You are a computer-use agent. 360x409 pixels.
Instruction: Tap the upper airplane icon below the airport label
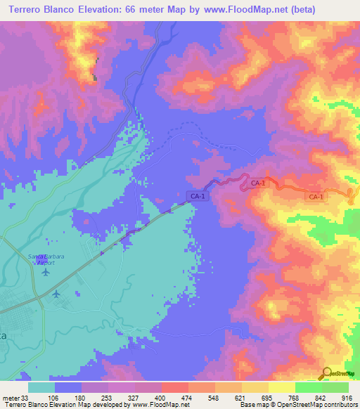tap(47, 271)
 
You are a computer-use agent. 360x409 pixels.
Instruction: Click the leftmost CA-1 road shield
tap(198, 196)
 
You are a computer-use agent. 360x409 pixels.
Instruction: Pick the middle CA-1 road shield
tap(257, 183)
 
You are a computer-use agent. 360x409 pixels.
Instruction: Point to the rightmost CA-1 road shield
tap(316, 197)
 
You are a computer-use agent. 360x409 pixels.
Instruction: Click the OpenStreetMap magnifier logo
tap(326, 373)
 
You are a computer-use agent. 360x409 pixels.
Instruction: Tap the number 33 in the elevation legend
tap(27, 398)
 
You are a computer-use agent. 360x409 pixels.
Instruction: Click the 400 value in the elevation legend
tap(161, 398)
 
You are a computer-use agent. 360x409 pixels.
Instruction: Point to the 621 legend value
tap(241, 398)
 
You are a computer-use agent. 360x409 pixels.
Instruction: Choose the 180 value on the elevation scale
tap(81, 398)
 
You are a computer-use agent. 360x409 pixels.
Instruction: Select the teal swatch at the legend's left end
tap(41, 387)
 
